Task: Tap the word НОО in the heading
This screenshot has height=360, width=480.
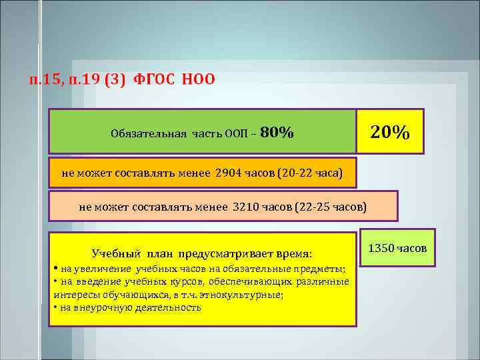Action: tap(199, 80)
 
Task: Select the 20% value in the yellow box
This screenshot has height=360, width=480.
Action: tap(390, 131)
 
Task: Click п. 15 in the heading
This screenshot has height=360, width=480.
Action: tap(46, 80)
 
